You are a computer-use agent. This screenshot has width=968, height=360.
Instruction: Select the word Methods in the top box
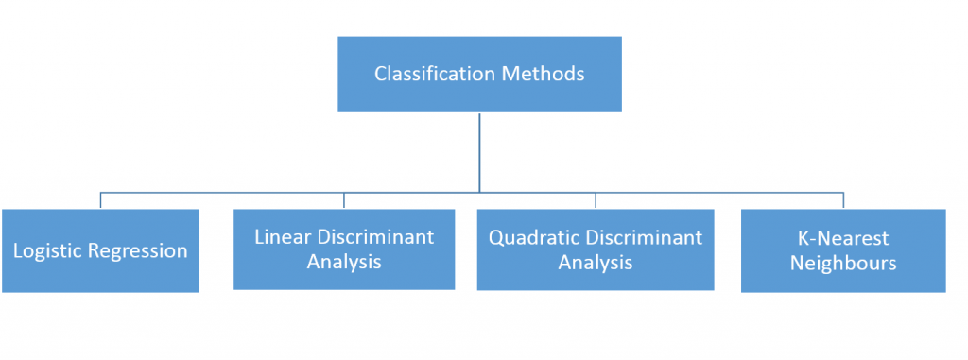(547, 74)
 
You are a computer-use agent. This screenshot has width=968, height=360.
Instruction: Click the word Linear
(281, 236)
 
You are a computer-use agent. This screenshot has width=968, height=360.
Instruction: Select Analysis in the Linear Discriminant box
(344, 262)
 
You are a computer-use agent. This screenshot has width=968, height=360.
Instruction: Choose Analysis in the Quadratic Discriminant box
(595, 262)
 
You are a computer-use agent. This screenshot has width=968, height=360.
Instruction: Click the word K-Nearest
(843, 238)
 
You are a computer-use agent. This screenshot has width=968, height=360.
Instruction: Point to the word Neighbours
(843, 263)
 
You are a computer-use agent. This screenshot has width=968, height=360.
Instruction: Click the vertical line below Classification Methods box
(480, 151)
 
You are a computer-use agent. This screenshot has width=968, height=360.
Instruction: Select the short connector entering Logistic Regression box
(100, 200)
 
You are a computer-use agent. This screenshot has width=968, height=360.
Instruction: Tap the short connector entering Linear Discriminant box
(344, 200)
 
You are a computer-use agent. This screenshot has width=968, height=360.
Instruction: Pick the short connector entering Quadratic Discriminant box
(595, 200)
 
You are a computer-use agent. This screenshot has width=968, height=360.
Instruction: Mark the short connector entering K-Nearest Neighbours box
(843, 200)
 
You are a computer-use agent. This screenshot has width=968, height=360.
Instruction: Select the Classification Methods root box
(480, 47)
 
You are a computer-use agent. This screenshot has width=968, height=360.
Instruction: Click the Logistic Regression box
(100, 277)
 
